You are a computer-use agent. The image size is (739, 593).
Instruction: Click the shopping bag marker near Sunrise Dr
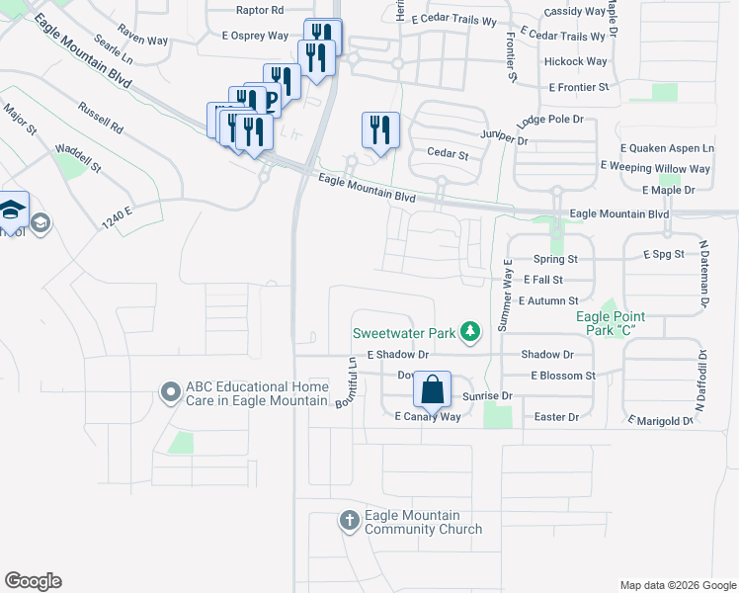coord(432,389)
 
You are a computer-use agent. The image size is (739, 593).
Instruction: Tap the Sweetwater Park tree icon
coord(471,333)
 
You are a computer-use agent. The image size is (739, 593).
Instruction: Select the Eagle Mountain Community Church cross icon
coord(349,521)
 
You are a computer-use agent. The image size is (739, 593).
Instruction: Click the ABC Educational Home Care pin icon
coord(171,393)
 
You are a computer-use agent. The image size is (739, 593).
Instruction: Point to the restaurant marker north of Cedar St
coord(379,129)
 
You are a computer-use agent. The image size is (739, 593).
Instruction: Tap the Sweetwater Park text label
coord(406,333)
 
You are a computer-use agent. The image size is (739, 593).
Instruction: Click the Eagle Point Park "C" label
coord(611,323)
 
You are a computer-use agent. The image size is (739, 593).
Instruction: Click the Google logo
coord(33,581)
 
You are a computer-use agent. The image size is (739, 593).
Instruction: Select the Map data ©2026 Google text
coord(677,585)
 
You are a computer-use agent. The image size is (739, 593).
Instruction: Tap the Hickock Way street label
coord(575,61)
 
